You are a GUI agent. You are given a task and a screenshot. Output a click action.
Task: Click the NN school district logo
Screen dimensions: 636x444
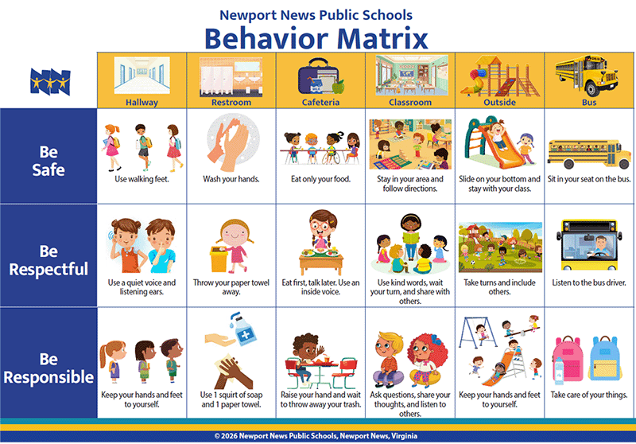50,82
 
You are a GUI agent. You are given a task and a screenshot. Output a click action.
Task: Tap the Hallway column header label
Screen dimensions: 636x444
142,103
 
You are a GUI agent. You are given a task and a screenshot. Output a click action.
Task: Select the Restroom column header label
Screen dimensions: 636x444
231,103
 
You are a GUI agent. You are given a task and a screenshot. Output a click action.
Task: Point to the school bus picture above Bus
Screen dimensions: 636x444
587,75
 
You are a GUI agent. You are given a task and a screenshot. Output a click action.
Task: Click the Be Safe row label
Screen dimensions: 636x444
48,161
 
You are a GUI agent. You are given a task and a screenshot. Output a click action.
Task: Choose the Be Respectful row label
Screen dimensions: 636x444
48,260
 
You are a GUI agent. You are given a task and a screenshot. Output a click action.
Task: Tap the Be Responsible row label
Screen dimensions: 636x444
48,368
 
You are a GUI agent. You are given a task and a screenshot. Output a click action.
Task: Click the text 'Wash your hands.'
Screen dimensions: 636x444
231,179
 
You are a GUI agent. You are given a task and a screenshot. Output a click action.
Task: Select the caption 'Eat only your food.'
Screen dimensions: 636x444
321,179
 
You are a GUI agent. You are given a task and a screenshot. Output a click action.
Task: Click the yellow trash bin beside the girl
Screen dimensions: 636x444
219,259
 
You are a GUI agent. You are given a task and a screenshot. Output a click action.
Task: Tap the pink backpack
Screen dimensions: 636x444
568,358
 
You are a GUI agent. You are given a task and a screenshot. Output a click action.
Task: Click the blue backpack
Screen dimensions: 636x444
605,358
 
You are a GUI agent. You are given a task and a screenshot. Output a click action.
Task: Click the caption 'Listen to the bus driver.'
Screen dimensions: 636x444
589,282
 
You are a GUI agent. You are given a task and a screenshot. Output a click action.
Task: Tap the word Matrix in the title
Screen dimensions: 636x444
382,38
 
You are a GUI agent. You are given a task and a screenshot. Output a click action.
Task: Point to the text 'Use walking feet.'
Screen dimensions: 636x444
142,179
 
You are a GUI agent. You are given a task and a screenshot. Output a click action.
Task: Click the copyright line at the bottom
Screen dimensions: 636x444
316,436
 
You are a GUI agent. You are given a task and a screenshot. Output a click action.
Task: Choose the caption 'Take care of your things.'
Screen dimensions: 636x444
589,395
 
